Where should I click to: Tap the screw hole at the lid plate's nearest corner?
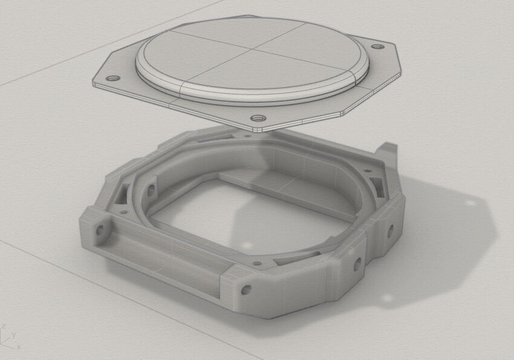[258, 117]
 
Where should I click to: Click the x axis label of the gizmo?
[19, 347]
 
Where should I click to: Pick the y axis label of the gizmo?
[13, 334]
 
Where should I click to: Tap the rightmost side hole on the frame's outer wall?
[389, 230]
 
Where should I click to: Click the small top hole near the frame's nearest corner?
[258, 264]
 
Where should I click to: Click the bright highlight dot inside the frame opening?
[246, 246]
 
